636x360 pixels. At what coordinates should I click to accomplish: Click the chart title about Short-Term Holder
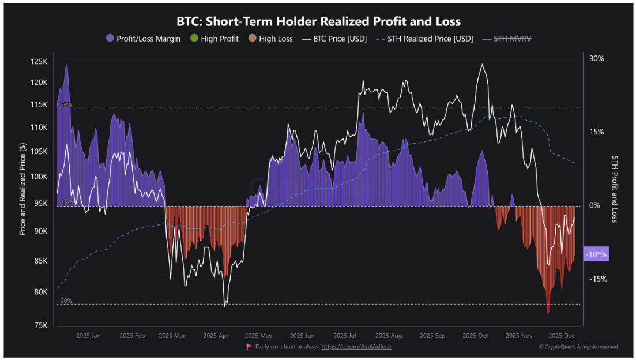coord(318,22)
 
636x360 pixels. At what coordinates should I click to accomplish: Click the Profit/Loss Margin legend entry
coord(143,39)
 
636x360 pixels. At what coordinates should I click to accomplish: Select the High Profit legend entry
coord(215,39)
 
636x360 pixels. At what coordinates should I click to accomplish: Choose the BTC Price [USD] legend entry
coord(334,39)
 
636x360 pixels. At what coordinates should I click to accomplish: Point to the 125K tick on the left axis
coord(39,61)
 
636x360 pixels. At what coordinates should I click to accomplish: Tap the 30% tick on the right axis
coord(597,58)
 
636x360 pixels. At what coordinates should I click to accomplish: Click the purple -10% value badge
coord(596,254)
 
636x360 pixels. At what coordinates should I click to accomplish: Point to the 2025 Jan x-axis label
coord(88,335)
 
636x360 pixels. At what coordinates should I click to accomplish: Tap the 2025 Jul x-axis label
coord(345,335)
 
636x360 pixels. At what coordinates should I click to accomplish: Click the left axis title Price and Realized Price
coord(23,189)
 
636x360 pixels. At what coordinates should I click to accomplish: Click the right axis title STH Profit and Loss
coord(615,189)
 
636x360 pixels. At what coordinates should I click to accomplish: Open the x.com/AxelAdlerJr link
coord(356,347)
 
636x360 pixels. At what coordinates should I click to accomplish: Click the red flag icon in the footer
coord(249,346)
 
